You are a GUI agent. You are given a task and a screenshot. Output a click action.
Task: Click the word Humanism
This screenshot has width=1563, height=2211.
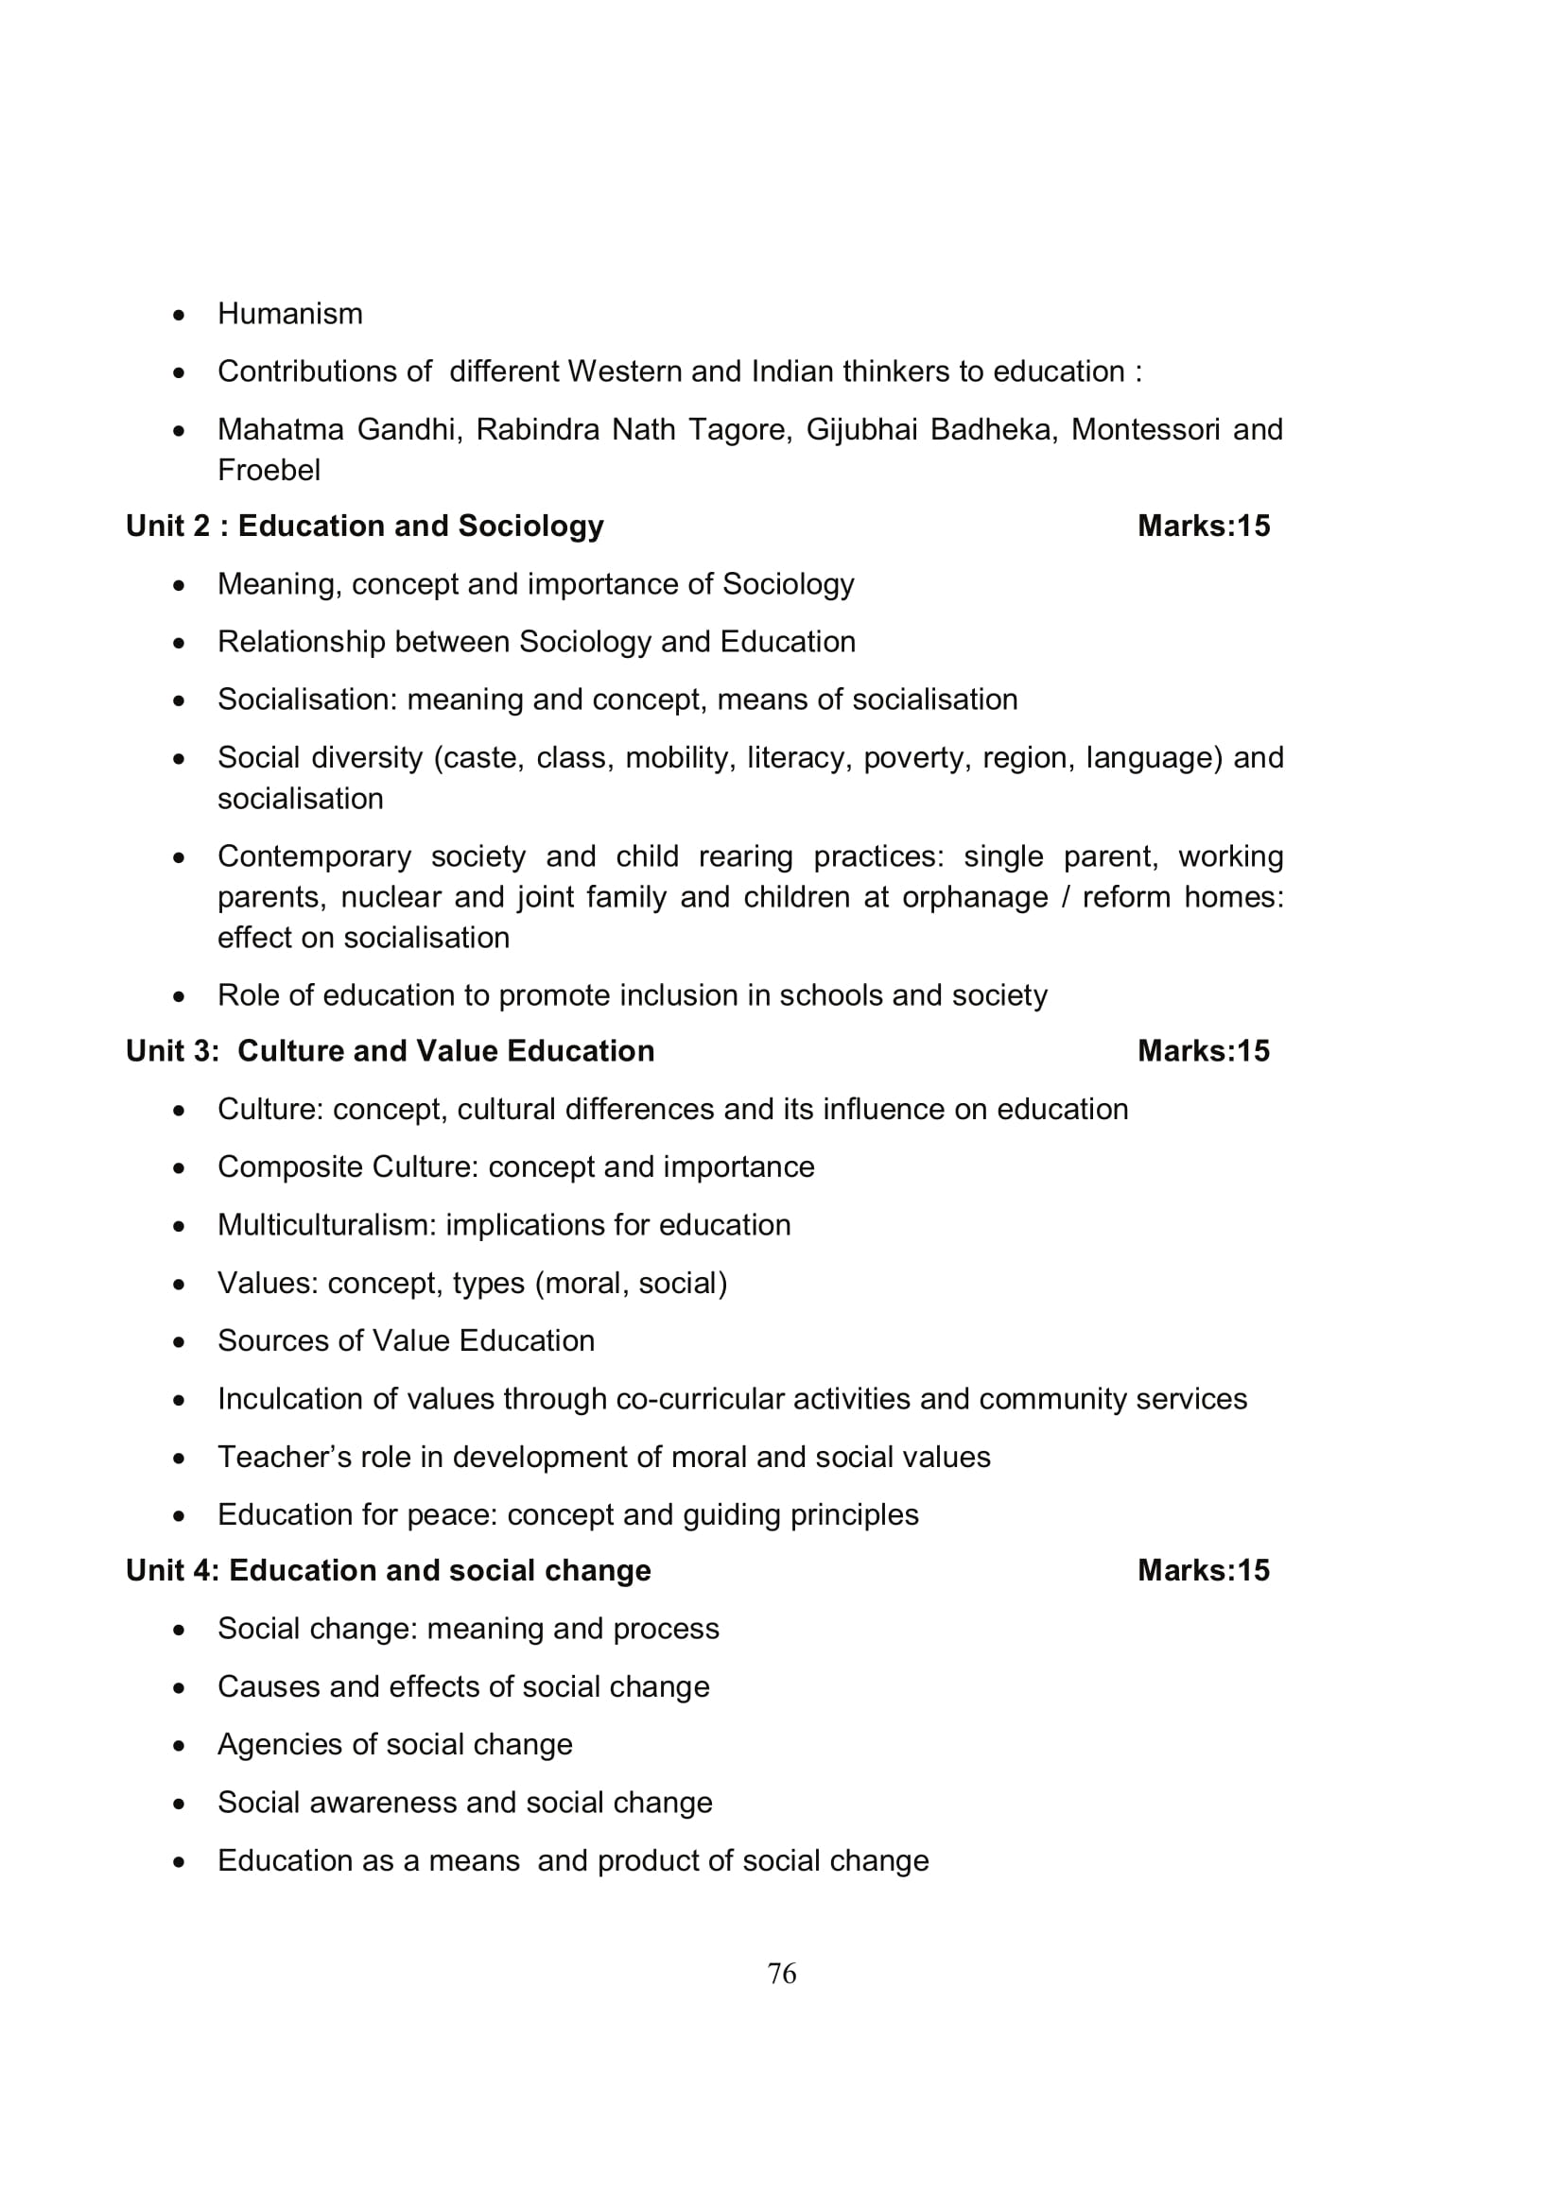290,314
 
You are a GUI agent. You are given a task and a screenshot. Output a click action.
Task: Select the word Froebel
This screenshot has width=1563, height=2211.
269,470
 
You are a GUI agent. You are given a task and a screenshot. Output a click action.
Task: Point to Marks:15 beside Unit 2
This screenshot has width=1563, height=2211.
1203,526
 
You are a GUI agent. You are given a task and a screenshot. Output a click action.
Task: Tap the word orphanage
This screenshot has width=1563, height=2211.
975,897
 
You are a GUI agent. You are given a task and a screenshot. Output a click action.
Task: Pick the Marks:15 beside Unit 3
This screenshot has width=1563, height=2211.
1203,1050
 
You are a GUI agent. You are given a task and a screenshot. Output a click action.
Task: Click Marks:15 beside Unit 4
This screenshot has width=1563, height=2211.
1203,1571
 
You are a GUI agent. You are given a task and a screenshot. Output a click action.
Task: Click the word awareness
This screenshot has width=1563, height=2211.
381,1802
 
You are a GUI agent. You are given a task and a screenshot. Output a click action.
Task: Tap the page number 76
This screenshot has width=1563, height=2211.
781,1974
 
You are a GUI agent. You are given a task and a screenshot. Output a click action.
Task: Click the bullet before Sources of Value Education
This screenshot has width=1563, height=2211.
178,1341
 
